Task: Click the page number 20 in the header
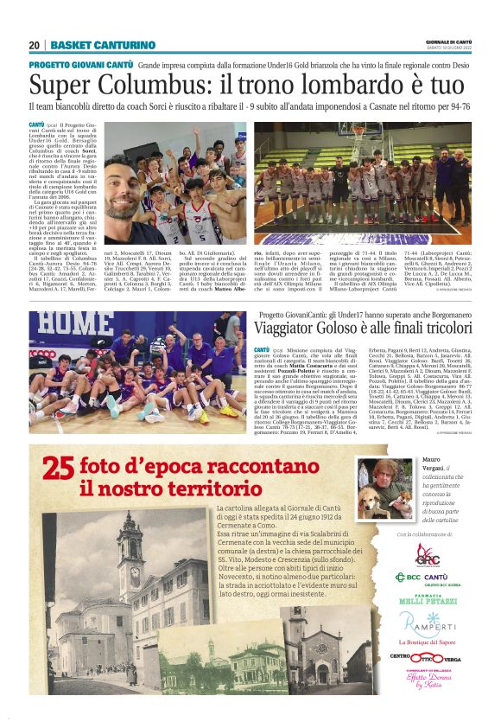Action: [35, 45]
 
